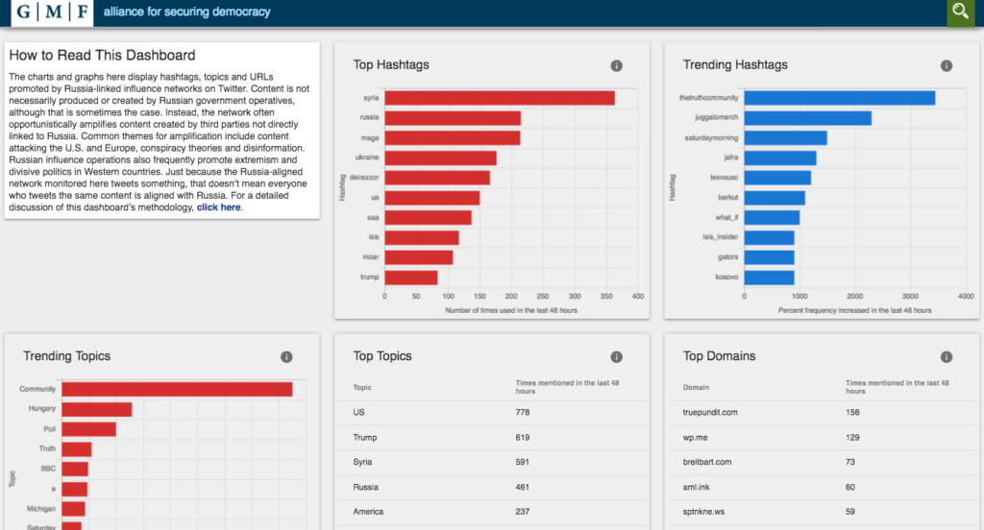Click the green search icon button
[960, 12]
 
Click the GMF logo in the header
[52, 12]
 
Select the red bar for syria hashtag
[500, 98]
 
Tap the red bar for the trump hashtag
[411, 277]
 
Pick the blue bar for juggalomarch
[807, 118]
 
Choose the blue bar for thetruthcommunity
[840, 98]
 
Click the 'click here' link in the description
[218, 207]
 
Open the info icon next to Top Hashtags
[616, 66]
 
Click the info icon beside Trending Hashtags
[947, 66]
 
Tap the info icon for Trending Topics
[286, 357]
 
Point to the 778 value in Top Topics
[522, 413]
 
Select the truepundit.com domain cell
[710, 413]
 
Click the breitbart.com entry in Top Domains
[706, 462]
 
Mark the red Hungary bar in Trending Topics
[97, 410]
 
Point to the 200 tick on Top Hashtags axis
[511, 296]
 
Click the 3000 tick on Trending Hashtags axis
[910, 296]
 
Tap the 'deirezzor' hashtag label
[364, 178]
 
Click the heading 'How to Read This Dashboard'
[102, 55]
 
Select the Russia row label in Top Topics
[365, 488]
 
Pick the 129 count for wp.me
[852, 438]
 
